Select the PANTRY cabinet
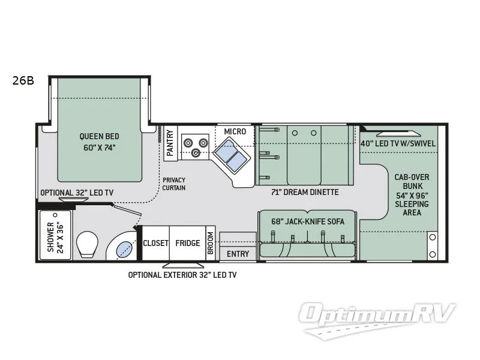click(x=170, y=143)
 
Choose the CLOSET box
click(x=155, y=243)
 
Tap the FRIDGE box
click(x=187, y=243)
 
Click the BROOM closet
click(x=211, y=244)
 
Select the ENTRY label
click(x=238, y=254)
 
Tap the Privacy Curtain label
click(x=173, y=184)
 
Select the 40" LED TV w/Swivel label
click(x=398, y=143)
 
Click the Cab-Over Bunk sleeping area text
click(x=412, y=195)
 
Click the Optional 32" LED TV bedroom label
click(x=77, y=193)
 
